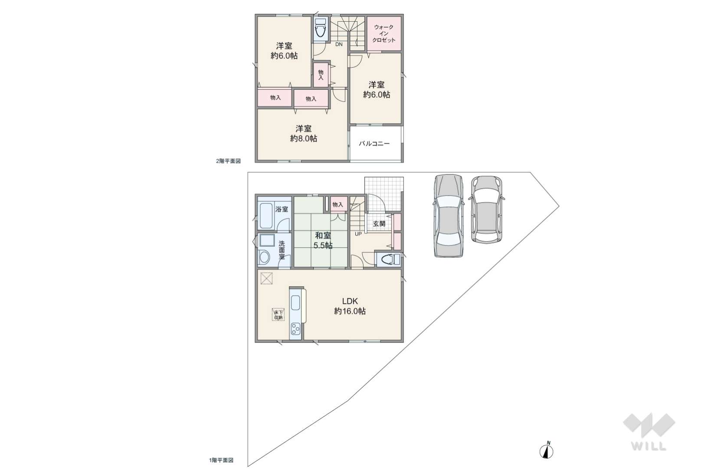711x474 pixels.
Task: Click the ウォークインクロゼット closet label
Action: pos(383,34)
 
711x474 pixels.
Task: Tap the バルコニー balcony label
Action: pos(374,144)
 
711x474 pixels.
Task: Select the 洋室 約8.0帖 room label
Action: pos(304,134)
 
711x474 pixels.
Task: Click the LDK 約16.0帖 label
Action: pos(350,306)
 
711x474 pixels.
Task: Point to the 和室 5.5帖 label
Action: pos(323,240)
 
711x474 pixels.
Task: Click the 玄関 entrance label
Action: pos(379,224)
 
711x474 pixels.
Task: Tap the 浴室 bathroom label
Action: pos(282,209)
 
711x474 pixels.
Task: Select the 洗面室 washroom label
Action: pos(282,250)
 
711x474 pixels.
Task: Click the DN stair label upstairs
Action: pos(339,44)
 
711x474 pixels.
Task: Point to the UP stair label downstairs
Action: pos(358,234)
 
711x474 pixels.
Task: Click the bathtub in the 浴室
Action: pos(266,216)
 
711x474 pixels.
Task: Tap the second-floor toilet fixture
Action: pos(320,29)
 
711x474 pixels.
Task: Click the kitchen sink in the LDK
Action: pos(295,303)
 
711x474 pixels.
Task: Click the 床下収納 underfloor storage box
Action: pos(278,314)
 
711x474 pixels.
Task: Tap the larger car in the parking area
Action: pos(448,216)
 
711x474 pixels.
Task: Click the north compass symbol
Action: pos(546,451)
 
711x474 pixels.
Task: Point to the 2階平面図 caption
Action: pos(228,161)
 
